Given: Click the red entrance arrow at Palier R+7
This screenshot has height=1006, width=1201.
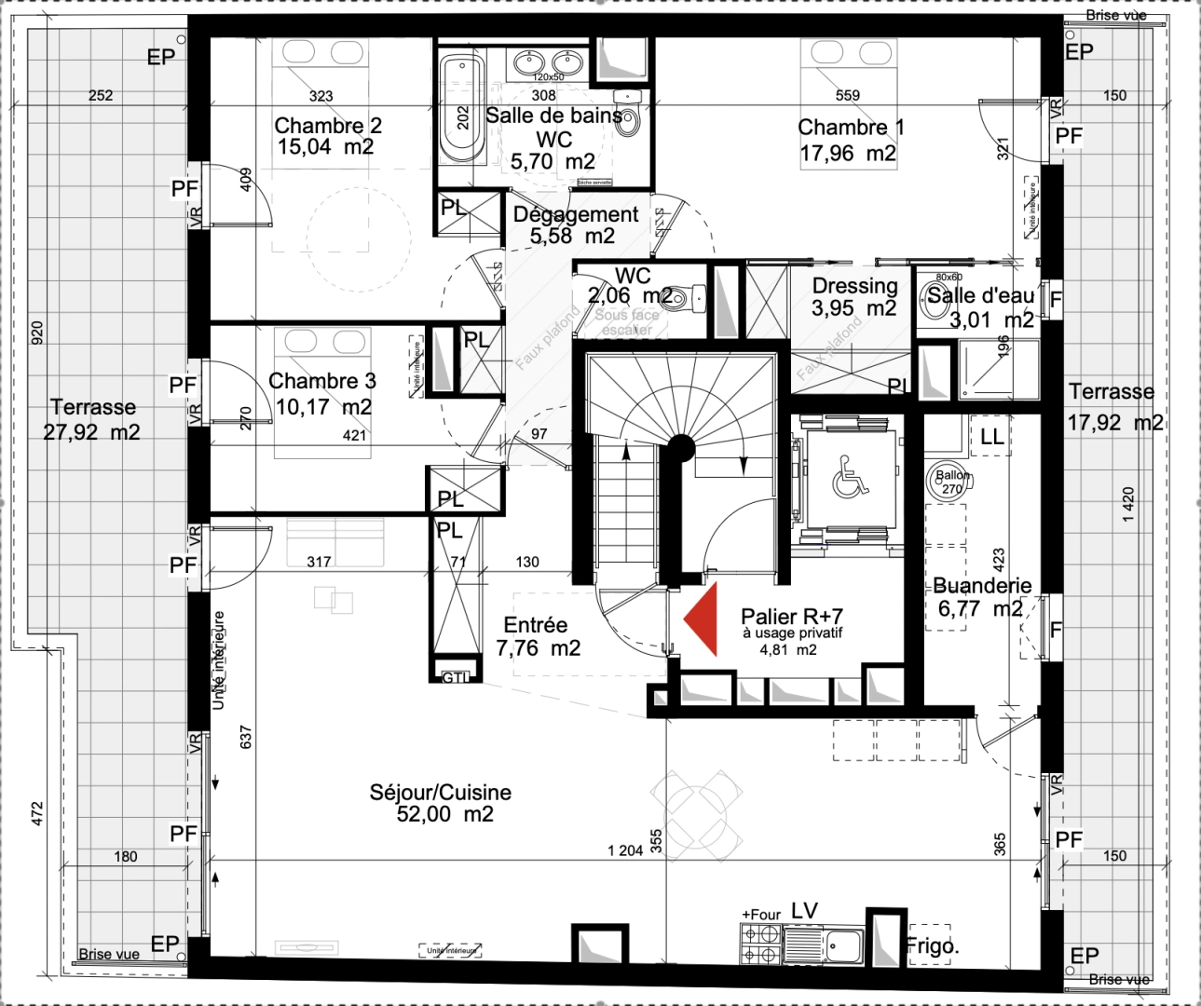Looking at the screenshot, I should (x=703, y=619).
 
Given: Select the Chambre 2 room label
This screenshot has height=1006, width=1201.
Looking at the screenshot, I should (x=327, y=126).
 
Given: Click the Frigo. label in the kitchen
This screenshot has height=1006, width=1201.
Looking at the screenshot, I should (x=933, y=946).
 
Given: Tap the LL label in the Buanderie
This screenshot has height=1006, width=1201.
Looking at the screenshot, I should (x=991, y=436).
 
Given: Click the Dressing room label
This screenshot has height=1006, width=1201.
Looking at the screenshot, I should (x=854, y=286).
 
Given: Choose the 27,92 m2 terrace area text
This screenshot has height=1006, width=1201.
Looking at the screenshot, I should (x=91, y=432).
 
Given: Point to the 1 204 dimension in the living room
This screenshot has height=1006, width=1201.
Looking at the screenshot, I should (x=624, y=850).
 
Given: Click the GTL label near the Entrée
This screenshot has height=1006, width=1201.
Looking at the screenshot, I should (x=455, y=677).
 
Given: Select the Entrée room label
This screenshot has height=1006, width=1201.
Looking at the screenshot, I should (x=535, y=625).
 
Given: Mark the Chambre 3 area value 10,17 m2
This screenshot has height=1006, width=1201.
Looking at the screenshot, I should (x=323, y=407).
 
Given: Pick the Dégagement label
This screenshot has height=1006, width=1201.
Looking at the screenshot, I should (x=576, y=214).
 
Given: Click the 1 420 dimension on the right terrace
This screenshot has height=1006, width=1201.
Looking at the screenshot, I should (x=1128, y=504).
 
